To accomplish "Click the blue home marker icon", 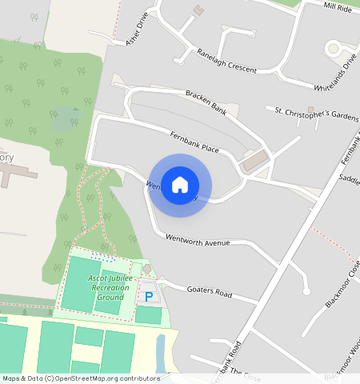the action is [180, 185].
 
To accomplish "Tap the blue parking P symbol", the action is [148, 297].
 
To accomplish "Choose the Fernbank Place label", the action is [194, 143].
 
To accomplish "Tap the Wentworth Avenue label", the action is [197, 239].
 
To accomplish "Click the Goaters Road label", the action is [209, 291].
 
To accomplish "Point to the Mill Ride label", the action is [338, 6].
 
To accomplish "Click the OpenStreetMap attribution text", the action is [81, 378].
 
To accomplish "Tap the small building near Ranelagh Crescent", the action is [198, 10].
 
